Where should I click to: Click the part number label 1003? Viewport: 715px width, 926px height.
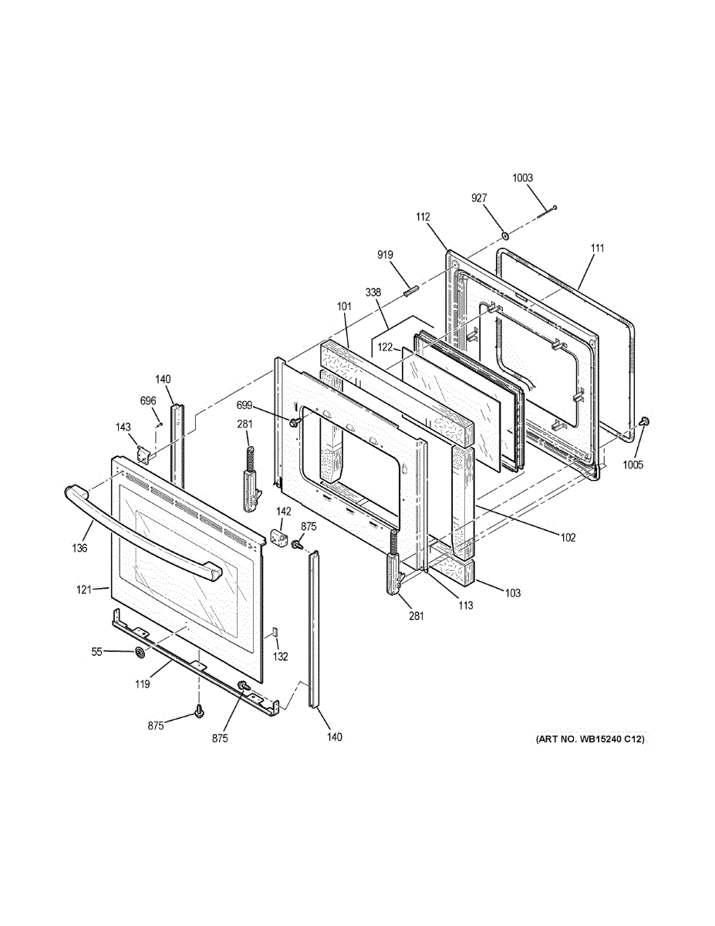522,178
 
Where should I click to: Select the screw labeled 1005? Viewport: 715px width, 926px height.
645,421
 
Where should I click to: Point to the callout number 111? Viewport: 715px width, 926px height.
597,248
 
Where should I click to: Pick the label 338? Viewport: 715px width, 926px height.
373,292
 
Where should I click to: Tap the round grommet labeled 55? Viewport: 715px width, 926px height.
140,654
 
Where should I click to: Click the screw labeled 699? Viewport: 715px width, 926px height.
294,422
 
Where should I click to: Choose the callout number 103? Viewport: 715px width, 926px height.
513,593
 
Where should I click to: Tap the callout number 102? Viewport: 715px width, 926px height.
568,537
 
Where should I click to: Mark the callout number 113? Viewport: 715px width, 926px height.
464,605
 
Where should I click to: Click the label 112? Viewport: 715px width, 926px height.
423,217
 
